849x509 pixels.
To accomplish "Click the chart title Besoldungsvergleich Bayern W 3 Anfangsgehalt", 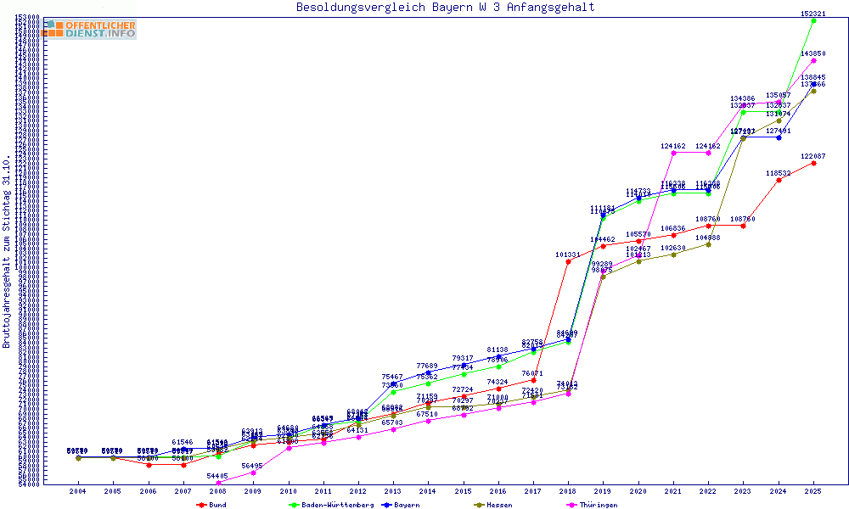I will [445, 8].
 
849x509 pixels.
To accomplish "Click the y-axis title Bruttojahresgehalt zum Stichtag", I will [7, 252].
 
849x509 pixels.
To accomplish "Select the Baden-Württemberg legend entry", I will [331, 505].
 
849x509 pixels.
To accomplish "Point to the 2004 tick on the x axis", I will [78, 491].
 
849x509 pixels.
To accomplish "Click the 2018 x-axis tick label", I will [568, 491].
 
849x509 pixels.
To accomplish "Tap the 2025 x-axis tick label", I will [813, 491].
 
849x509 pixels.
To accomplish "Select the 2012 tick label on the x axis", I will [358, 491].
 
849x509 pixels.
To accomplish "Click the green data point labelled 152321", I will [813, 20].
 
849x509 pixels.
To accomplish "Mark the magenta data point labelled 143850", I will [813, 60].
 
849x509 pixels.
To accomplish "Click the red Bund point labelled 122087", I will [813, 163].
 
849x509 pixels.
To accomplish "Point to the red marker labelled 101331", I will [568, 261].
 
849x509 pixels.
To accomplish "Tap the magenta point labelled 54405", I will [218, 483].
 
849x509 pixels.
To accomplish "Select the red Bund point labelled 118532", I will [779, 180].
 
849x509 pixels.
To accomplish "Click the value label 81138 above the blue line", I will [498, 350].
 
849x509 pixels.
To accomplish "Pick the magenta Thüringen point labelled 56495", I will [253, 473].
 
